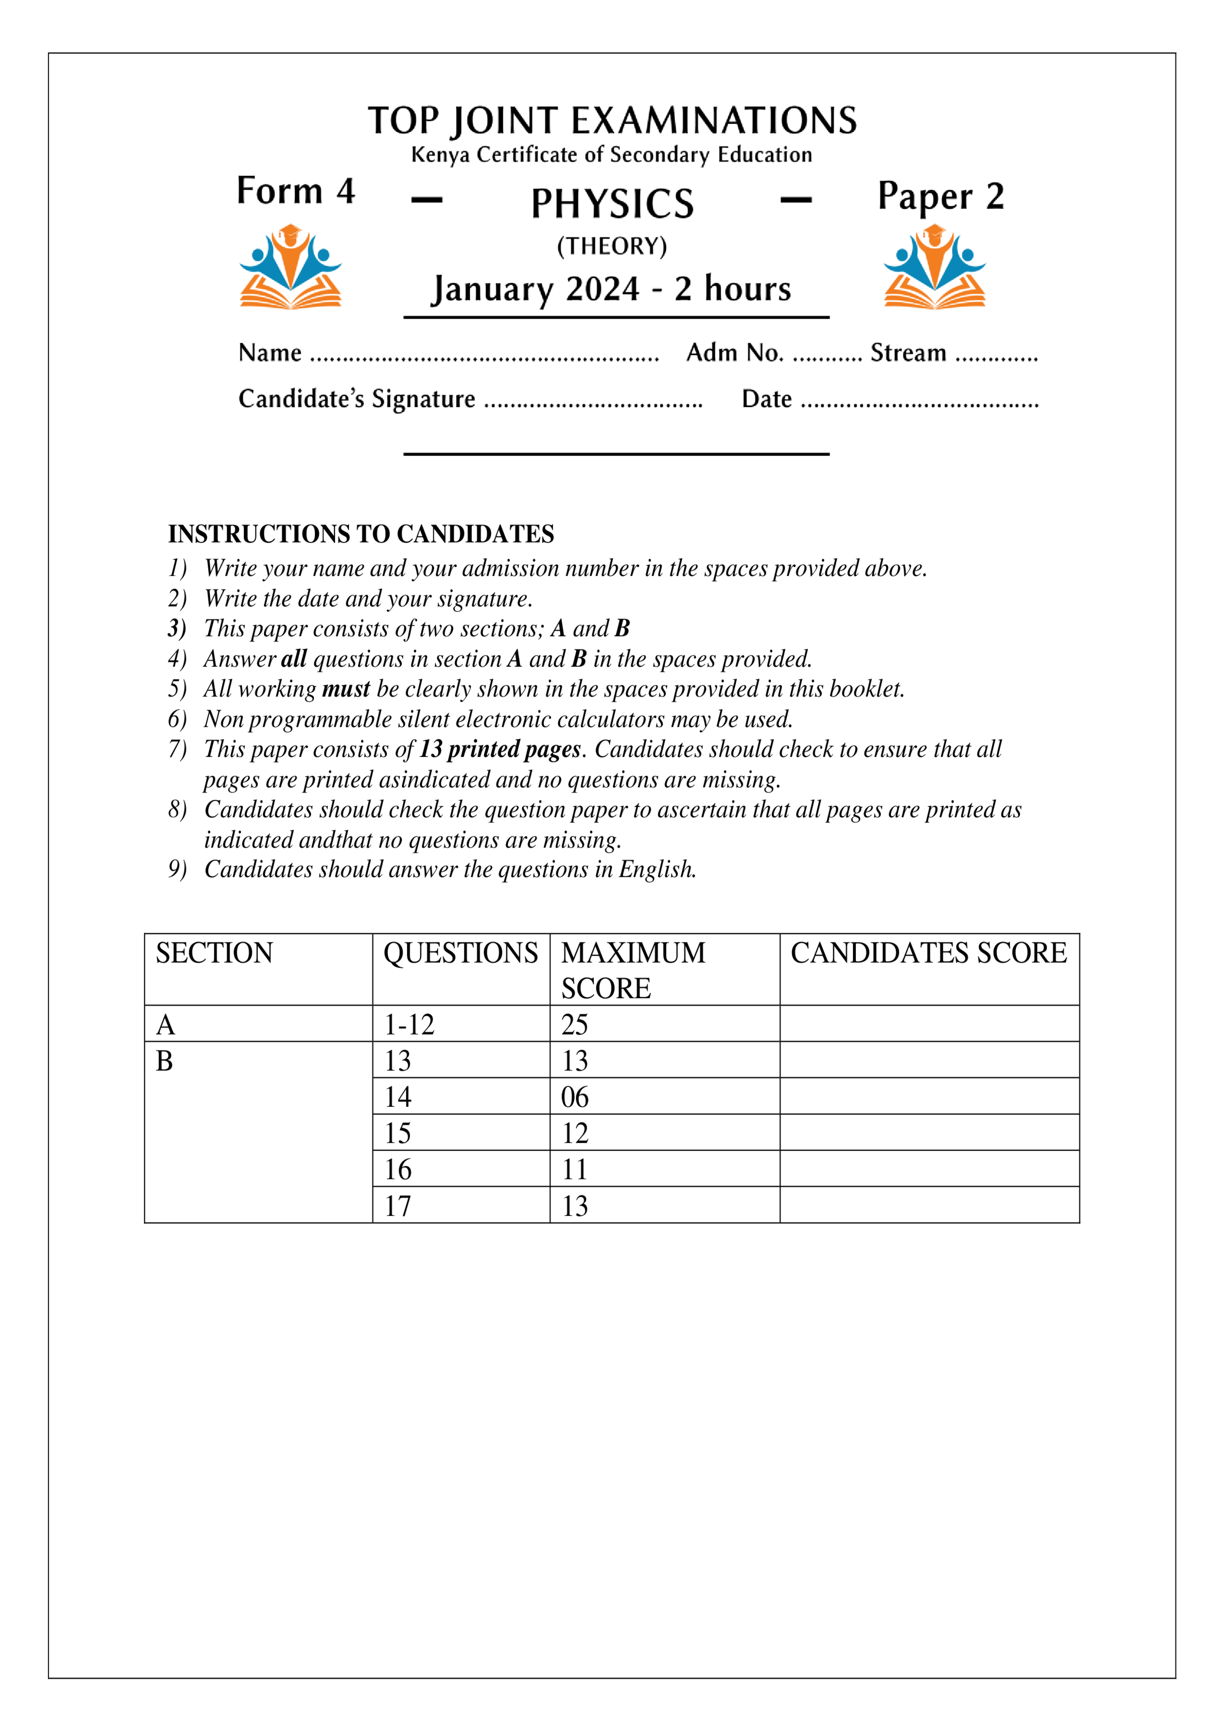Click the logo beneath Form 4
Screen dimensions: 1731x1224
click(290, 267)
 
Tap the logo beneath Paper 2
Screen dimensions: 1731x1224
click(934, 267)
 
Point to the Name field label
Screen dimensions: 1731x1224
click(270, 353)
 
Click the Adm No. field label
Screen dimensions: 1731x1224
click(734, 353)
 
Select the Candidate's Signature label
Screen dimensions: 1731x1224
click(357, 399)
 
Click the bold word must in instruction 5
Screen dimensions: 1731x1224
click(345, 689)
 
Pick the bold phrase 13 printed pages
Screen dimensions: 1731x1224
click(500, 750)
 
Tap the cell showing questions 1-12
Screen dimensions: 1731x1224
click(410, 1024)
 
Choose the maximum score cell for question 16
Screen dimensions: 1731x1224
click(574, 1169)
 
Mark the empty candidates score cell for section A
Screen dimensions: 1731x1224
click(929, 1024)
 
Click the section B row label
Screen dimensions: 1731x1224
click(164, 1061)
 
